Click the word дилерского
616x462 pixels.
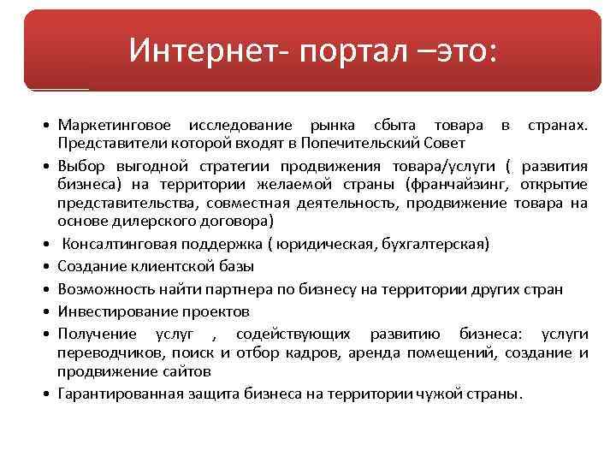[145, 221]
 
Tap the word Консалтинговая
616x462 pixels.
[119, 245]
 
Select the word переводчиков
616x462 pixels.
[110, 352]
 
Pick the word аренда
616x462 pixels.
[361, 352]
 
